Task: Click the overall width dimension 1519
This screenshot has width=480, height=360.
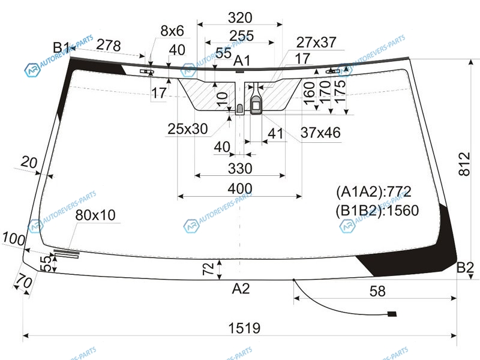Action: [x=244, y=328]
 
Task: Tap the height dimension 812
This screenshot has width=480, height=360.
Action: [x=464, y=164]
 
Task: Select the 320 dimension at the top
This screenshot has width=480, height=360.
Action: [x=240, y=17]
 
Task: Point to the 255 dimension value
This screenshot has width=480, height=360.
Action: [x=242, y=36]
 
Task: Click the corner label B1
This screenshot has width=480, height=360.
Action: [x=62, y=47]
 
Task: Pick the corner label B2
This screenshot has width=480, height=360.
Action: [x=465, y=267]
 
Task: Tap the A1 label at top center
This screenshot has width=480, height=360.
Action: [x=242, y=61]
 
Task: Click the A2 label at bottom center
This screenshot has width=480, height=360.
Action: [x=241, y=289]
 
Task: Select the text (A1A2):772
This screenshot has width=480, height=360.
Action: [x=374, y=192]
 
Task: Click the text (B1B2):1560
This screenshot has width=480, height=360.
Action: [x=377, y=211]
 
